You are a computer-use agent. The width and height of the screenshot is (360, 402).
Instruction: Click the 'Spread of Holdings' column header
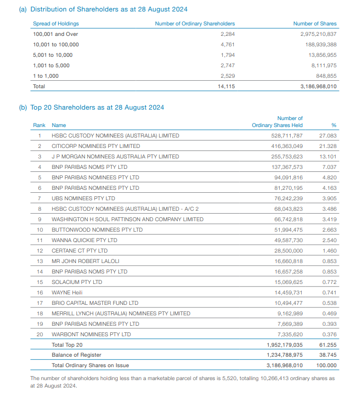click(56, 23)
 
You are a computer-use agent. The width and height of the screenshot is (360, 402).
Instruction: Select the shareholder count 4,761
click(227, 45)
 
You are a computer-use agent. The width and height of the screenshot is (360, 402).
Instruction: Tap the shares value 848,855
click(326, 76)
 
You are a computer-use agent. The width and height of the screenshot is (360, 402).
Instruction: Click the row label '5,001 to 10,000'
click(52, 55)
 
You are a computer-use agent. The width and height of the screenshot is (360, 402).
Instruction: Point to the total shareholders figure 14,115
click(226, 86)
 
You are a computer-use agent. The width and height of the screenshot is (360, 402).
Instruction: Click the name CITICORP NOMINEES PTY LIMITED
click(96, 146)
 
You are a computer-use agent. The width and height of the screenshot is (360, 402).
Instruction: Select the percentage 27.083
click(328, 135)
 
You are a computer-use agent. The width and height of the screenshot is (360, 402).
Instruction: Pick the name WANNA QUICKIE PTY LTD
click(84, 240)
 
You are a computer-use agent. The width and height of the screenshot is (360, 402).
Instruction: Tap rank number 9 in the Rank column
click(39, 220)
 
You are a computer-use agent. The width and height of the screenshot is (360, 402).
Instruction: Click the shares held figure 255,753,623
click(287, 156)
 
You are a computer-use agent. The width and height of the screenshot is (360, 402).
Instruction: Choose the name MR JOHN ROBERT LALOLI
click(85, 261)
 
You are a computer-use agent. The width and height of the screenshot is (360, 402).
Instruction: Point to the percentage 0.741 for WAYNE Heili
click(330, 292)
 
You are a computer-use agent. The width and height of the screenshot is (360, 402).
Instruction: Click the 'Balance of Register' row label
click(76, 355)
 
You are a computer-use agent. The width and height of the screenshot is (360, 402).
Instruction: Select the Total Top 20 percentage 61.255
click(328, 345)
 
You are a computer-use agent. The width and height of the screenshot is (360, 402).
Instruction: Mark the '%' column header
click(334, 125)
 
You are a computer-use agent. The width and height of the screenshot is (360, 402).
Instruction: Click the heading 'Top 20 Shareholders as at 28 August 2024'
click(97, 108)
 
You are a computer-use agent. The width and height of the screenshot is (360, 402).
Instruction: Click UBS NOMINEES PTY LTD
click(83, 198)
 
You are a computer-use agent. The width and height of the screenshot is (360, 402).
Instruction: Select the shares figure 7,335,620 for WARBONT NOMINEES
click(290, 334)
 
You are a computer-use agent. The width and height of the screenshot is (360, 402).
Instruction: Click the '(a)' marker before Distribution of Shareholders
click(23, 9)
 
